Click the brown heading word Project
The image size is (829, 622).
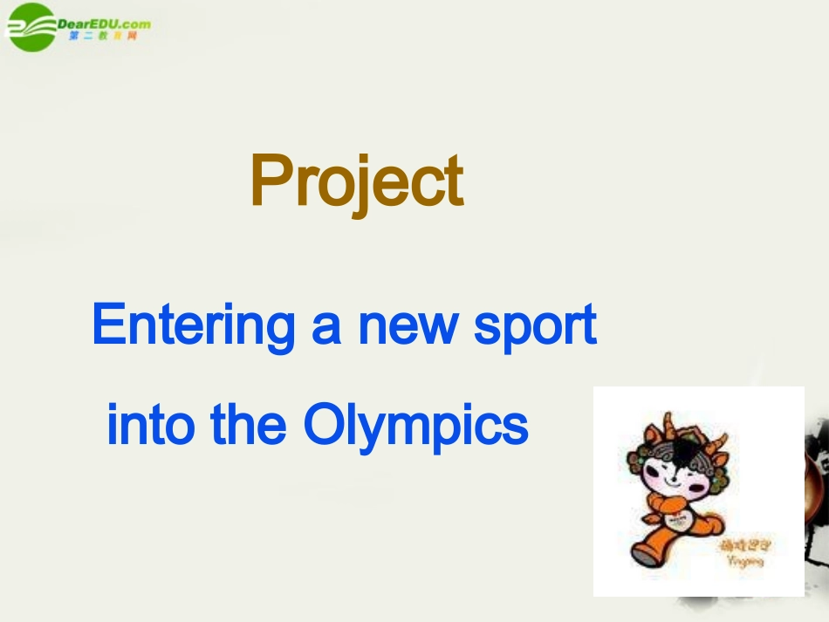[356, 181]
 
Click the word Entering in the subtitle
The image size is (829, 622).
[195, 325]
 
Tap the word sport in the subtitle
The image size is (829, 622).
[535, 326]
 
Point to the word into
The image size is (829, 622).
[150, 425]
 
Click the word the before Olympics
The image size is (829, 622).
[249, 425]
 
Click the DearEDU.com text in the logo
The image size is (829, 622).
[104, 24]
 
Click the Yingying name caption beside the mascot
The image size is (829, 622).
[743, 562]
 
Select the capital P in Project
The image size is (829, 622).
[269, 181]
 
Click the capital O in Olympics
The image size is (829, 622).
[322, 425]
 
